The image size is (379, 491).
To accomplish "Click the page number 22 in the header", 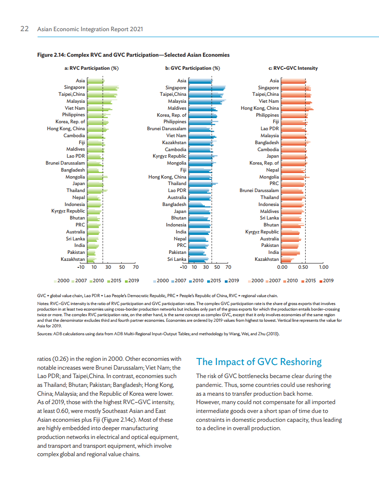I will (25, 29).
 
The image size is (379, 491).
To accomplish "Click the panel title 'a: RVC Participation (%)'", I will (91, 68).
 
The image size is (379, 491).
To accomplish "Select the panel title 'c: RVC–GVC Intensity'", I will (290, 68).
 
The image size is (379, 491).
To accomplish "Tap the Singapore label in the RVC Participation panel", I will (74, 87).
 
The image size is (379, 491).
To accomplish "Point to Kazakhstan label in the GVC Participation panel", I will (174, 142).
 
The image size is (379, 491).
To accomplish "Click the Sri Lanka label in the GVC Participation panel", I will (177, 259).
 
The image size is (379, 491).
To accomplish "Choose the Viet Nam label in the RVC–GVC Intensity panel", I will (269, 101).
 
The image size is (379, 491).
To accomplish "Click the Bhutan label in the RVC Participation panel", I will (77, 218).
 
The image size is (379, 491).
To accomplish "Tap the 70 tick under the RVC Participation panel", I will (136, 267).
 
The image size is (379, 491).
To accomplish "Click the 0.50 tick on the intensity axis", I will (303, 267).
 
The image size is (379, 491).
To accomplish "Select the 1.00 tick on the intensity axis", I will (324, 267).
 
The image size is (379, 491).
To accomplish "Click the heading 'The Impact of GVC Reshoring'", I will (259, 362).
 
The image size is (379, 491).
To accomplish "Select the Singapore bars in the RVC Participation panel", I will (103, 87).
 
